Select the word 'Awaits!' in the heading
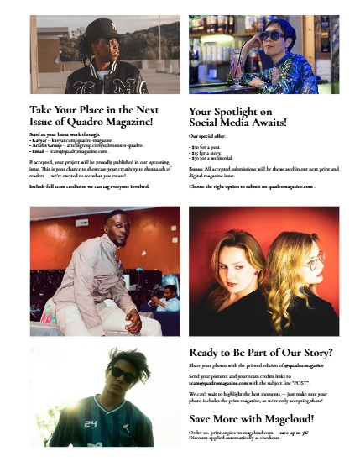point(268,123)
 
